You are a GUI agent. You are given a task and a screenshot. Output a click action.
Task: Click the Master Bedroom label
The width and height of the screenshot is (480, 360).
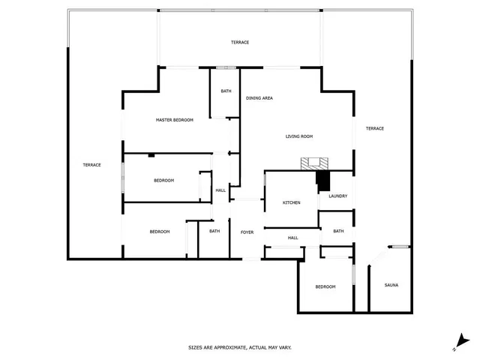pyautogui.click(x=175, y=120)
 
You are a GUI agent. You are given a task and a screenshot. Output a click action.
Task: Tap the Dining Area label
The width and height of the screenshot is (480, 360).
pyautogui.click(x=259, y=98)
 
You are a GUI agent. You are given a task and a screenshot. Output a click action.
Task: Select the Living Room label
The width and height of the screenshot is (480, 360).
pyautogui.click(x=299, y=136)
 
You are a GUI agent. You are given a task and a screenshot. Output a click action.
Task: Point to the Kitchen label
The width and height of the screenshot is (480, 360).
pyautogui.click(x=292, y=202)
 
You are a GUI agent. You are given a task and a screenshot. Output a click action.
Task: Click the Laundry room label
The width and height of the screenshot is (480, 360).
pyautogui.click(x=338, y=196)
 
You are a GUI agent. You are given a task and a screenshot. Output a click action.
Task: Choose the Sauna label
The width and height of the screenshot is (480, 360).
pyautogui.click(x=391, y=285)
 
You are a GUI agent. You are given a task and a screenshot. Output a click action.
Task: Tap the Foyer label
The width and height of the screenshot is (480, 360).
pyautogui.click(x=247, y=232)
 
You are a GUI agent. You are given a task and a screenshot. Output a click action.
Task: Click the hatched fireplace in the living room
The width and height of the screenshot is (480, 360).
pyautogui.click(x=314, y=163)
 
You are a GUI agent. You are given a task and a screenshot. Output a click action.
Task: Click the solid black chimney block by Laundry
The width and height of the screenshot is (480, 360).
pyautogui.click(x=323, y=181)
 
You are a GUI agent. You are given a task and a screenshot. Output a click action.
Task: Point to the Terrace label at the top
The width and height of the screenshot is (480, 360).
pyautogui.click(x=240, y=42)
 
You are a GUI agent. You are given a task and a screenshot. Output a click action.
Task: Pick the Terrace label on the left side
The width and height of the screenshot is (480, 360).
pyautogui.click(x=91, y=165)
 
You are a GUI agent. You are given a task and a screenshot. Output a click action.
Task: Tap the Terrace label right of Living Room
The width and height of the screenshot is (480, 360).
pyautogui.click(x=375, y=128)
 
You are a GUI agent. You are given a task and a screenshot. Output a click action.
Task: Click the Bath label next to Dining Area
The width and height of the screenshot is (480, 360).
pyautogui.click(x=226, y=91)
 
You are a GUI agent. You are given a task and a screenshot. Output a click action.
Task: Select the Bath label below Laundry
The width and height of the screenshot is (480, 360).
pyautogui.click(x=338, y=231)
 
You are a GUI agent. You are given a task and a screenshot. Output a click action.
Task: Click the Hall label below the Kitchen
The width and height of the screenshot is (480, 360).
pyautogui.click(x=293, y=238)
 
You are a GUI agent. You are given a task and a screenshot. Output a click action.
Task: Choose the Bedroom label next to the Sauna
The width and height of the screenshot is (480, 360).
pyautogui.click(x=325, y=286)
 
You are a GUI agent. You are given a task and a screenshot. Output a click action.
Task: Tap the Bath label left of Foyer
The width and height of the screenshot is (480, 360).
pyautogui.click(x=214, y=231)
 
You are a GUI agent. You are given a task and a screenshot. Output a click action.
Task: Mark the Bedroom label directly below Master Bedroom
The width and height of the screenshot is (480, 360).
pyautogui.click(x=163, y=181)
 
